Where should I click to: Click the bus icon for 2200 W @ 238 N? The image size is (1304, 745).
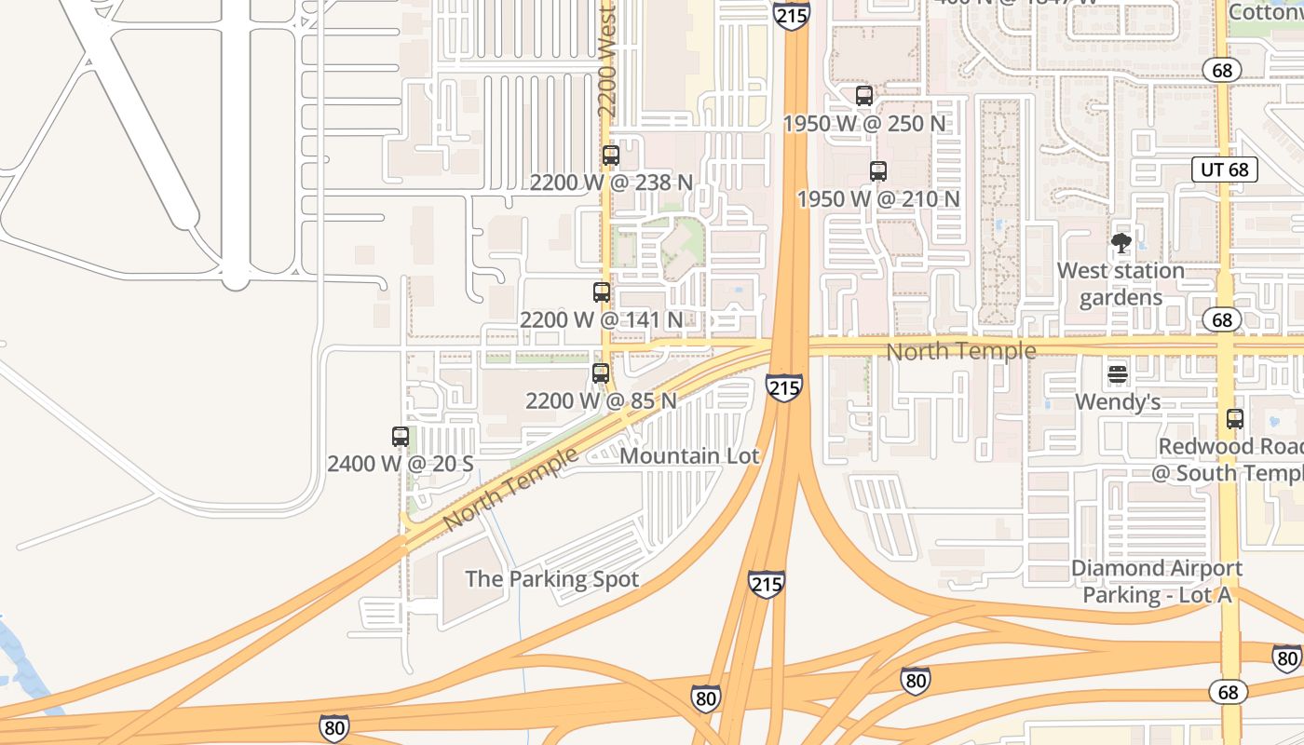click(611, 156)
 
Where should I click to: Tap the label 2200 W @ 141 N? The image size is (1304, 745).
click(601, 319)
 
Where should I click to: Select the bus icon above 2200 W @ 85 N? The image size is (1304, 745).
click(601, 373)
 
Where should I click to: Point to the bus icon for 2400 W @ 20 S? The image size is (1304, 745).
click(401, 436)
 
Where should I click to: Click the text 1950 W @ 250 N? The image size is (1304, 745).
click(863, 124)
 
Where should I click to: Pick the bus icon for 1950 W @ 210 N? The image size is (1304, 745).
click(877, 171)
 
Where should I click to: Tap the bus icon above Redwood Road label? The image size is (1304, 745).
click(1235, 419)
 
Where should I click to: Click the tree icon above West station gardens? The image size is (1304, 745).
click(1121, 244)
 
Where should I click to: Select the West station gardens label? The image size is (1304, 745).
click(1121, 284)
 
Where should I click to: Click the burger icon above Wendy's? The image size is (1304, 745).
click(1118, 374)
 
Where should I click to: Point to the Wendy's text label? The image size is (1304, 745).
click(1118, 402)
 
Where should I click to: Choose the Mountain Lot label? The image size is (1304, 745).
click(689, 456)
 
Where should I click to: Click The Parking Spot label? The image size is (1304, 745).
click(551, 579)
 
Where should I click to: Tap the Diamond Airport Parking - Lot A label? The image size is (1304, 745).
click(1157, 581)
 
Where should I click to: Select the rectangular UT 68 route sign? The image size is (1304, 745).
click(1225, 169)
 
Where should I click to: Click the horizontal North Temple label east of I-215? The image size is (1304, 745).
click(960, 351)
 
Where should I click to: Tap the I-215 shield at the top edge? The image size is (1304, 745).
click(791, 13)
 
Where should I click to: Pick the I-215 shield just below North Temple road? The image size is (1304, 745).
click(784, 387)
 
